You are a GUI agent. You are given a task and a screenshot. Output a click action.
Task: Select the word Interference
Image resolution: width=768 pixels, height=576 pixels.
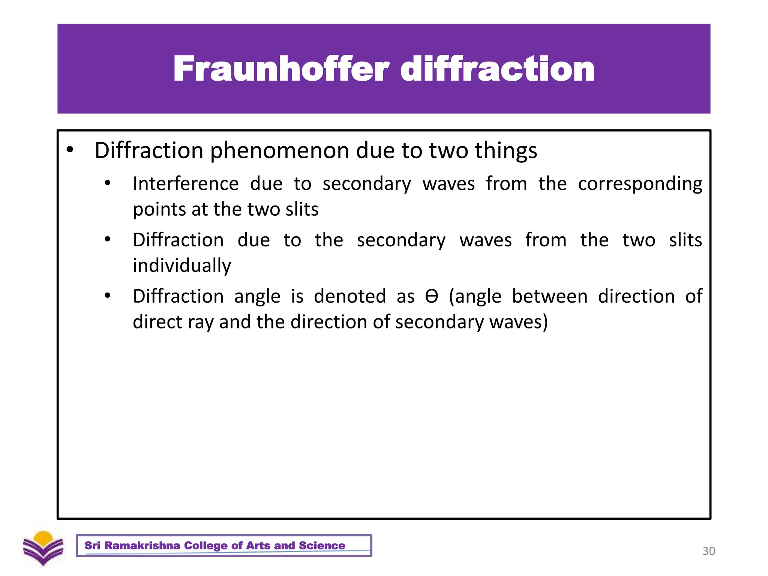coord(186,184)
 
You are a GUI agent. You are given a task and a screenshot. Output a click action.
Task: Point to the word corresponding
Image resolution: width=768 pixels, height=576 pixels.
coord(640,184)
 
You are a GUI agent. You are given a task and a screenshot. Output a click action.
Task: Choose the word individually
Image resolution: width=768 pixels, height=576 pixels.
coord(182,266)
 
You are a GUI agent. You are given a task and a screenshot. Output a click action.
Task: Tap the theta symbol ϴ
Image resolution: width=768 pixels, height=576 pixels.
coord(432,296)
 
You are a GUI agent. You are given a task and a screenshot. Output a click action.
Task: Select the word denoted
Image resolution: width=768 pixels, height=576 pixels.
coord(350,296)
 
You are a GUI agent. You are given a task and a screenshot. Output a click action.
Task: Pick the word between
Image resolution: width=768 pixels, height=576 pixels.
coord(550,296)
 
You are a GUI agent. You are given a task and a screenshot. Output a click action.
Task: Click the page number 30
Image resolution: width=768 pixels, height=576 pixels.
coord(708,551)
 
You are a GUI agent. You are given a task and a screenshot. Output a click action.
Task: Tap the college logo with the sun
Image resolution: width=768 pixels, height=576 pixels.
coord(43,548)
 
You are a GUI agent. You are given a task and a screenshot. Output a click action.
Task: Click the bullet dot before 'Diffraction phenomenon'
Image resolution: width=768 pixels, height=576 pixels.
coord(70,150)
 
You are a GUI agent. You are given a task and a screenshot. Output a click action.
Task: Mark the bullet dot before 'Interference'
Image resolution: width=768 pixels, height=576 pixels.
coord(108,183)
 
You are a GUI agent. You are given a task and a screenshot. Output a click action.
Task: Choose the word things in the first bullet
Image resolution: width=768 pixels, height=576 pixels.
coord(506,151)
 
